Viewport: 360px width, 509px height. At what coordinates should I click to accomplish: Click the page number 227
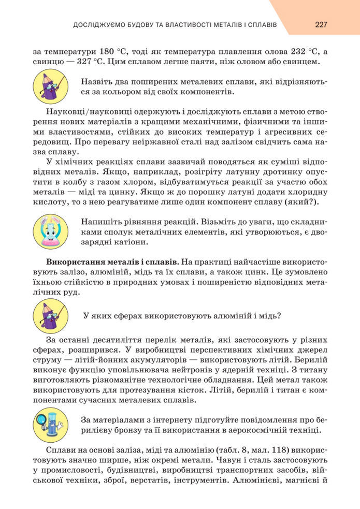click(x=321, y=24)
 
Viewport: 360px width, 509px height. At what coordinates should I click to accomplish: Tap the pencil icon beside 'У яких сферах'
click(x=50, y=315)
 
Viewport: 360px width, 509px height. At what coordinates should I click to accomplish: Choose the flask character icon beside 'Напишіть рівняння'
click(x=50, y=231)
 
